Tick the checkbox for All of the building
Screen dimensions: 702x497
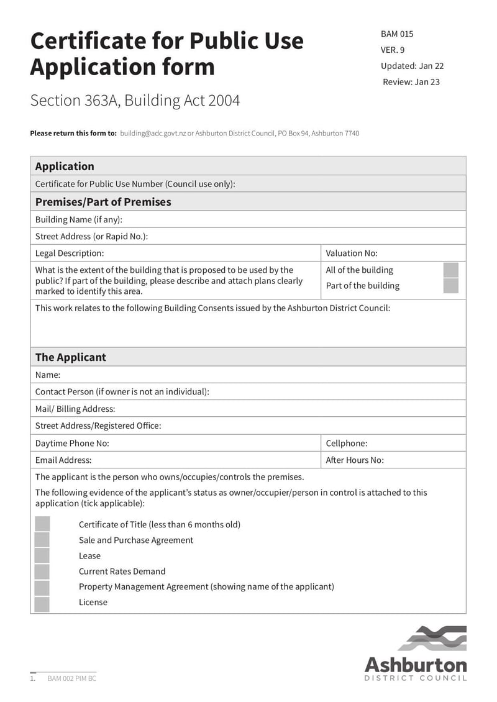point(450,270)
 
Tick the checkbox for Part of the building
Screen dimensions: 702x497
point(450,286)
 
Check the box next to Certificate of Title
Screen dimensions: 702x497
point(42,524)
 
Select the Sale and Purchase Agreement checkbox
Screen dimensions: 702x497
point(42,540)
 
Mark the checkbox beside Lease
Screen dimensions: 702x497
point(42,555)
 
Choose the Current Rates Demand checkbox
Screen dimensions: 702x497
point(42,572)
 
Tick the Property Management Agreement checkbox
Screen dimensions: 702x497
point(42,587)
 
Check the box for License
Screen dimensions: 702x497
point(42,603)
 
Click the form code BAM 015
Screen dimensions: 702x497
point(397,34)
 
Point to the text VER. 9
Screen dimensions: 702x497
point(393,50)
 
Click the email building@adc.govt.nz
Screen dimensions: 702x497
point(153,134)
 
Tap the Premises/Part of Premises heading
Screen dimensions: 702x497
point(103,202)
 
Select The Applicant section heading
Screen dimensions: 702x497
point(70,357)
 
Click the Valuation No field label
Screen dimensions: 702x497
point(352,253)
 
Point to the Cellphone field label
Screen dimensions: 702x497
point(347,443)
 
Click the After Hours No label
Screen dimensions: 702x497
point(355,460)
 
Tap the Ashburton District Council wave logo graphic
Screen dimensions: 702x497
point(432,638)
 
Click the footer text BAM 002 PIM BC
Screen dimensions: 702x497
point(72,678)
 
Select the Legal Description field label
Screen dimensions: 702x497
point(70,253)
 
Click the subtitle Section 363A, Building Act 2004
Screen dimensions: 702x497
point(135,101)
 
